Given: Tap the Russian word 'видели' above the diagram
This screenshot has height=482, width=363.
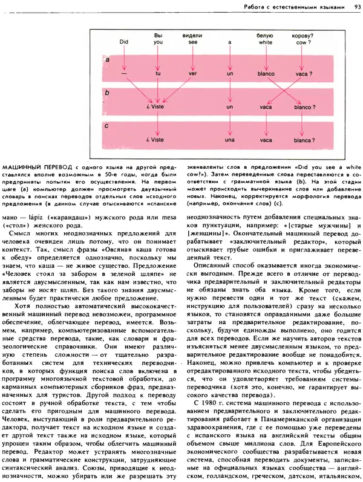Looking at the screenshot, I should click(x=192, y=36).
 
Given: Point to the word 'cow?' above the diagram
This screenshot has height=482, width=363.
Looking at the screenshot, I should click(x=302, y=43).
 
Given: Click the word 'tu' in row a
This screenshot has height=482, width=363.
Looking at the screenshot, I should click(x=159, y=74).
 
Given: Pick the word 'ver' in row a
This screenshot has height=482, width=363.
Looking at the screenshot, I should click(x=193, y=74).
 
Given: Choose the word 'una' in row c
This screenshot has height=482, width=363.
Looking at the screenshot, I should click(x=230, y=140).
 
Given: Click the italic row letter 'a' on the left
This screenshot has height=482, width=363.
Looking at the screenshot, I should click(x=106, y=61).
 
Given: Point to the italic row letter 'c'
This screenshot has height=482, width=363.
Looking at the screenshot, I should click(x=106, y=126).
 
